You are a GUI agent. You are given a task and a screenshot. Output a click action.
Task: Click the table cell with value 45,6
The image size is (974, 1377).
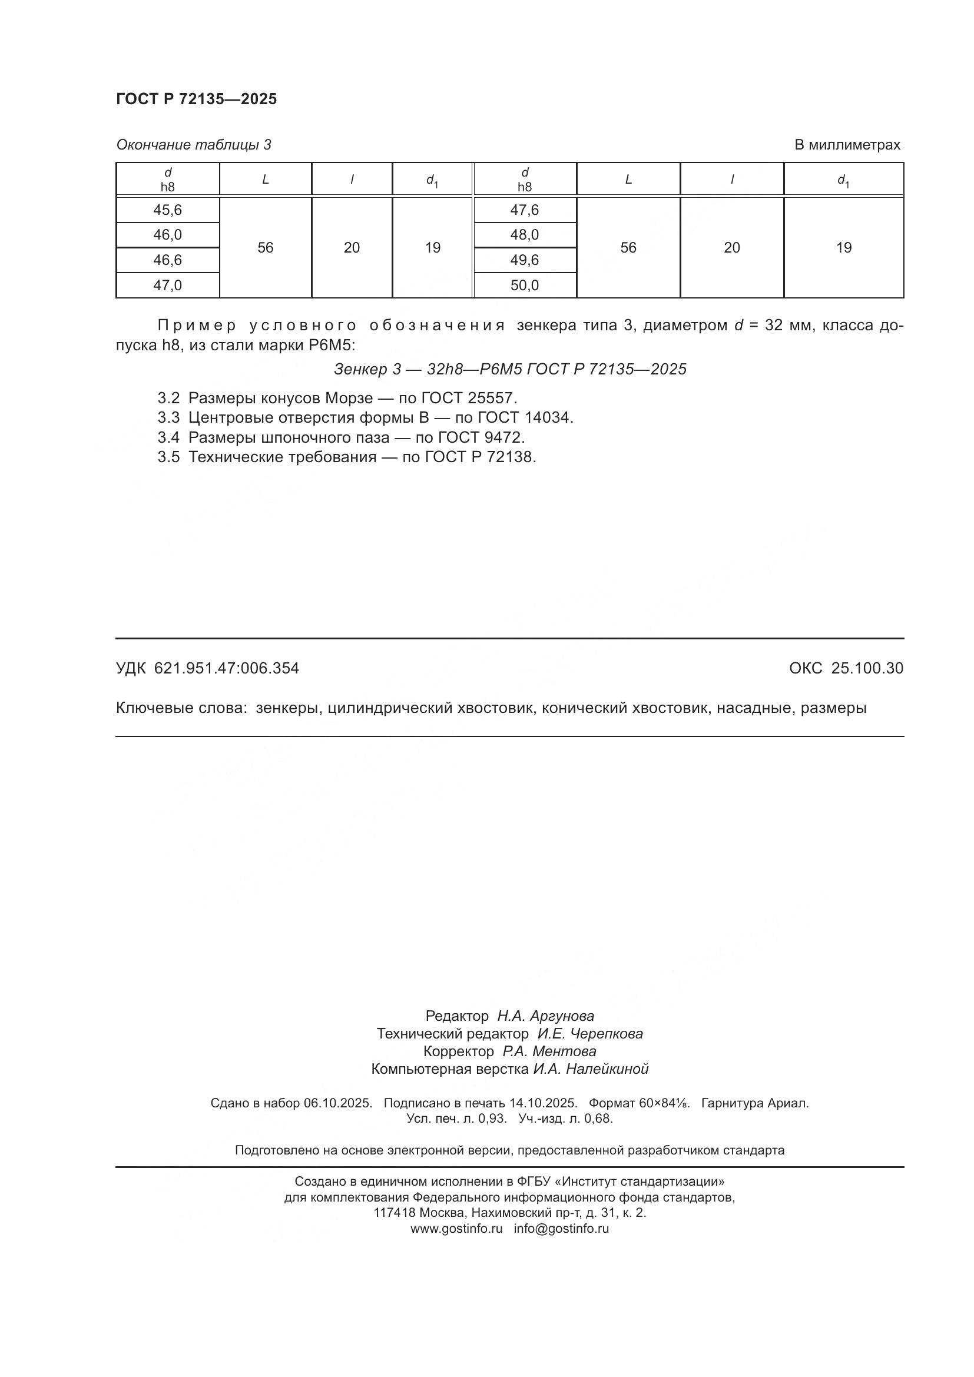click(x=167, y=210)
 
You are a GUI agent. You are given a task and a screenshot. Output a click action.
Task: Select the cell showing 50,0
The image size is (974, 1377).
click(x=524, y=286)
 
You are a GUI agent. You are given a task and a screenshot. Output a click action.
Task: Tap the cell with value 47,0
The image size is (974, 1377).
click(x=167, y=286)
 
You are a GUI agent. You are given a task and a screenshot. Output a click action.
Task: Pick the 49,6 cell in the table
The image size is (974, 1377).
click(x=524, y=260)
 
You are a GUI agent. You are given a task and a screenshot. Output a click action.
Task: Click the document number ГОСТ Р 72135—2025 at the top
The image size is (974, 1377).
click(x=196, y=99)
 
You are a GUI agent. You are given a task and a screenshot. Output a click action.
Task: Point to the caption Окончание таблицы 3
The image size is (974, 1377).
click(x=194, y=145)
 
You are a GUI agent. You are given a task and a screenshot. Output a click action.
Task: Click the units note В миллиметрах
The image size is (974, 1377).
click(x=847, y=145)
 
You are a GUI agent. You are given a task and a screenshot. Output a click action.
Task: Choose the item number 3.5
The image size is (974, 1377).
click(x=168, y=457)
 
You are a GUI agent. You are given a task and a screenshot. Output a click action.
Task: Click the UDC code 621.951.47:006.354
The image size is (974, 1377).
click(x=226, y=668)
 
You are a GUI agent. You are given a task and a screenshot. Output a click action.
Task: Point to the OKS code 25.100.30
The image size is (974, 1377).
click(x=867, y=668)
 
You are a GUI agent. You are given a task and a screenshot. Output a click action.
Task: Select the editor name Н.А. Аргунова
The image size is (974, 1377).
click(x=545, y=1016)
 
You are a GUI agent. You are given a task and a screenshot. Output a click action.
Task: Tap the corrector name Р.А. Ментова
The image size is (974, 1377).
click(x=549, y=1051)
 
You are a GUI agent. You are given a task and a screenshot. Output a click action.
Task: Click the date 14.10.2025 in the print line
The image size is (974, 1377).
click(x=543, y=1103)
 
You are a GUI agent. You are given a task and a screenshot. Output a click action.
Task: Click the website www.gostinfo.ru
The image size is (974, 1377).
click(x=456, y=1228)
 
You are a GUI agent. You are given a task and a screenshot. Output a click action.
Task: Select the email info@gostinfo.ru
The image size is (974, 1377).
click(x=561, y=1228)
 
